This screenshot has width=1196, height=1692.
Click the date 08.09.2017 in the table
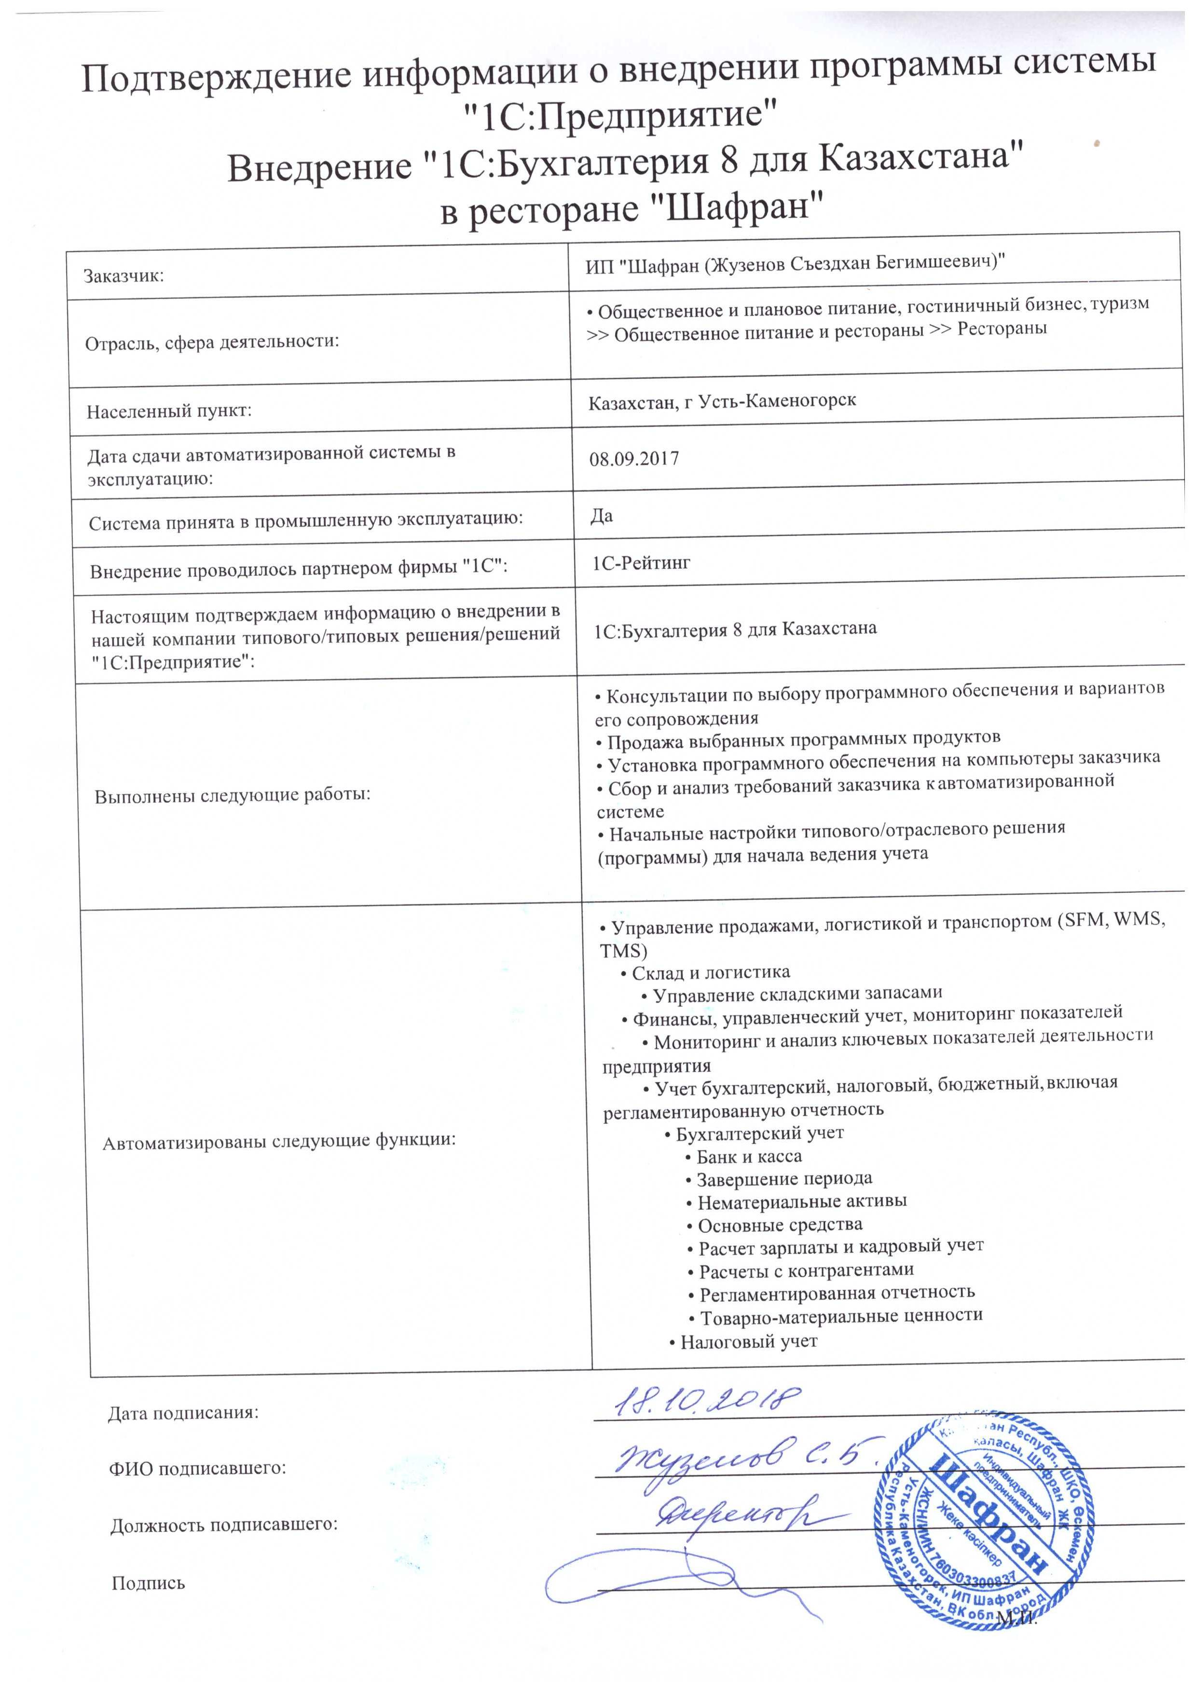coord(634,459)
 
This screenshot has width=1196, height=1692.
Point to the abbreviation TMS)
coord(623,951)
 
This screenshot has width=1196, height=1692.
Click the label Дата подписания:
coord(183,1413)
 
